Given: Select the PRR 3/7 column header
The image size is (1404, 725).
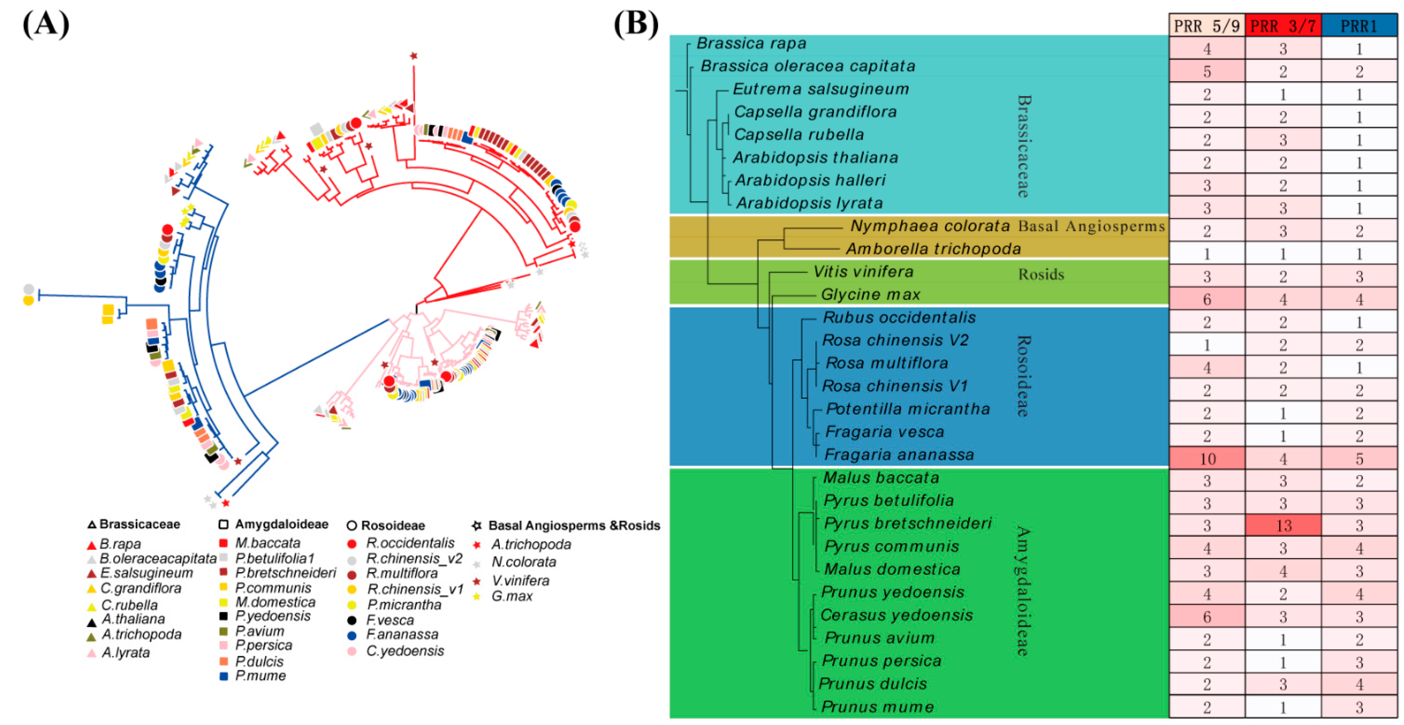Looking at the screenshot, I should pyautogui.click(x=1283, y=26).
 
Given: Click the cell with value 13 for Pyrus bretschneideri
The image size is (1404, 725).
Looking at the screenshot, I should pyautogui.click(x=1283, y=526).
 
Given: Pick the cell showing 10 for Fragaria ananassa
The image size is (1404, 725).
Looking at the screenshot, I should pyautogui.click(x=1207, y=459).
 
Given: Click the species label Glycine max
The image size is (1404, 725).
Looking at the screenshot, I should pyautogui.click(x=870, y=294).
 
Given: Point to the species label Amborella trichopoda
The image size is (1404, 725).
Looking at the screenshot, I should pyautogui.click(x=933, y=249).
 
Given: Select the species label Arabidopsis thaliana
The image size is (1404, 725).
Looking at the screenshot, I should pyautogui.click(x=815, y=158).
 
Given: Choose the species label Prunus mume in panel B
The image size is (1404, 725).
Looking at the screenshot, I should pyautogui.click(x=877, y=707).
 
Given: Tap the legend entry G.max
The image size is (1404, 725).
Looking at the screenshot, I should pyautogui.click(x=511, y=596).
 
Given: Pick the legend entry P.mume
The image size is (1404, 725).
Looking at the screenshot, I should pyautogui.click(x=260, y=676).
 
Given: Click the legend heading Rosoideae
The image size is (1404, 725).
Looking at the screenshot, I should pyautogui.click(x=392, y=525).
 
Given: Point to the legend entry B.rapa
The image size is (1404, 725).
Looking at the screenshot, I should pyautogui.click(x=120, y=544).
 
